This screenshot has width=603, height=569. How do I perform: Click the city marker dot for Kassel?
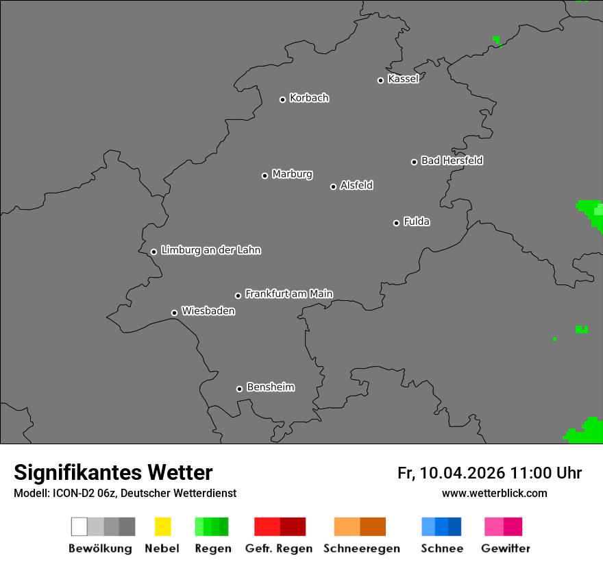tap(380, 80)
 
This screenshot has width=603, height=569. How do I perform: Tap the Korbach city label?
tap(309, 98)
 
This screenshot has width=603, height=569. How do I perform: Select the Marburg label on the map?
tap(292, 174)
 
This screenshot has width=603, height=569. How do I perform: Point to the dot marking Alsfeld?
tap(333, 186)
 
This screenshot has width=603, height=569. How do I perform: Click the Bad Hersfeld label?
tap(452, 160)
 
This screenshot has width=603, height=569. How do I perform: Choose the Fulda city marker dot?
tap(396, 223)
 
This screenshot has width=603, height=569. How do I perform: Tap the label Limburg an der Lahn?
tap(211, 250)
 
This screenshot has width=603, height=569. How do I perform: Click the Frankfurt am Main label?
tap(288, 294)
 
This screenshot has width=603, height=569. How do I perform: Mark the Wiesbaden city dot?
tap(174, 313)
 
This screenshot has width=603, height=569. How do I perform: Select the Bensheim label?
tap(270, 387)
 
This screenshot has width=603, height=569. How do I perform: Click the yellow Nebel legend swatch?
tap(162, 526)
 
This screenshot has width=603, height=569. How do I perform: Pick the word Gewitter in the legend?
tap(506, 548)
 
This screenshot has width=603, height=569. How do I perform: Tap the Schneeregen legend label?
tap(362, 548)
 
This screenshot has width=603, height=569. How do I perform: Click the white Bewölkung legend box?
tap(79, 526)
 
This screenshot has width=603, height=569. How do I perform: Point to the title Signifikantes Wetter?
tap(113, 472)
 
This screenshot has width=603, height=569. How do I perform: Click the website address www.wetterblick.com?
tap(495, 493)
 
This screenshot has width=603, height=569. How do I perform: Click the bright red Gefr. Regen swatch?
tap(267, 526)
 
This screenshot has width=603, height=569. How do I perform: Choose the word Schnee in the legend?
tap(441, 548)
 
